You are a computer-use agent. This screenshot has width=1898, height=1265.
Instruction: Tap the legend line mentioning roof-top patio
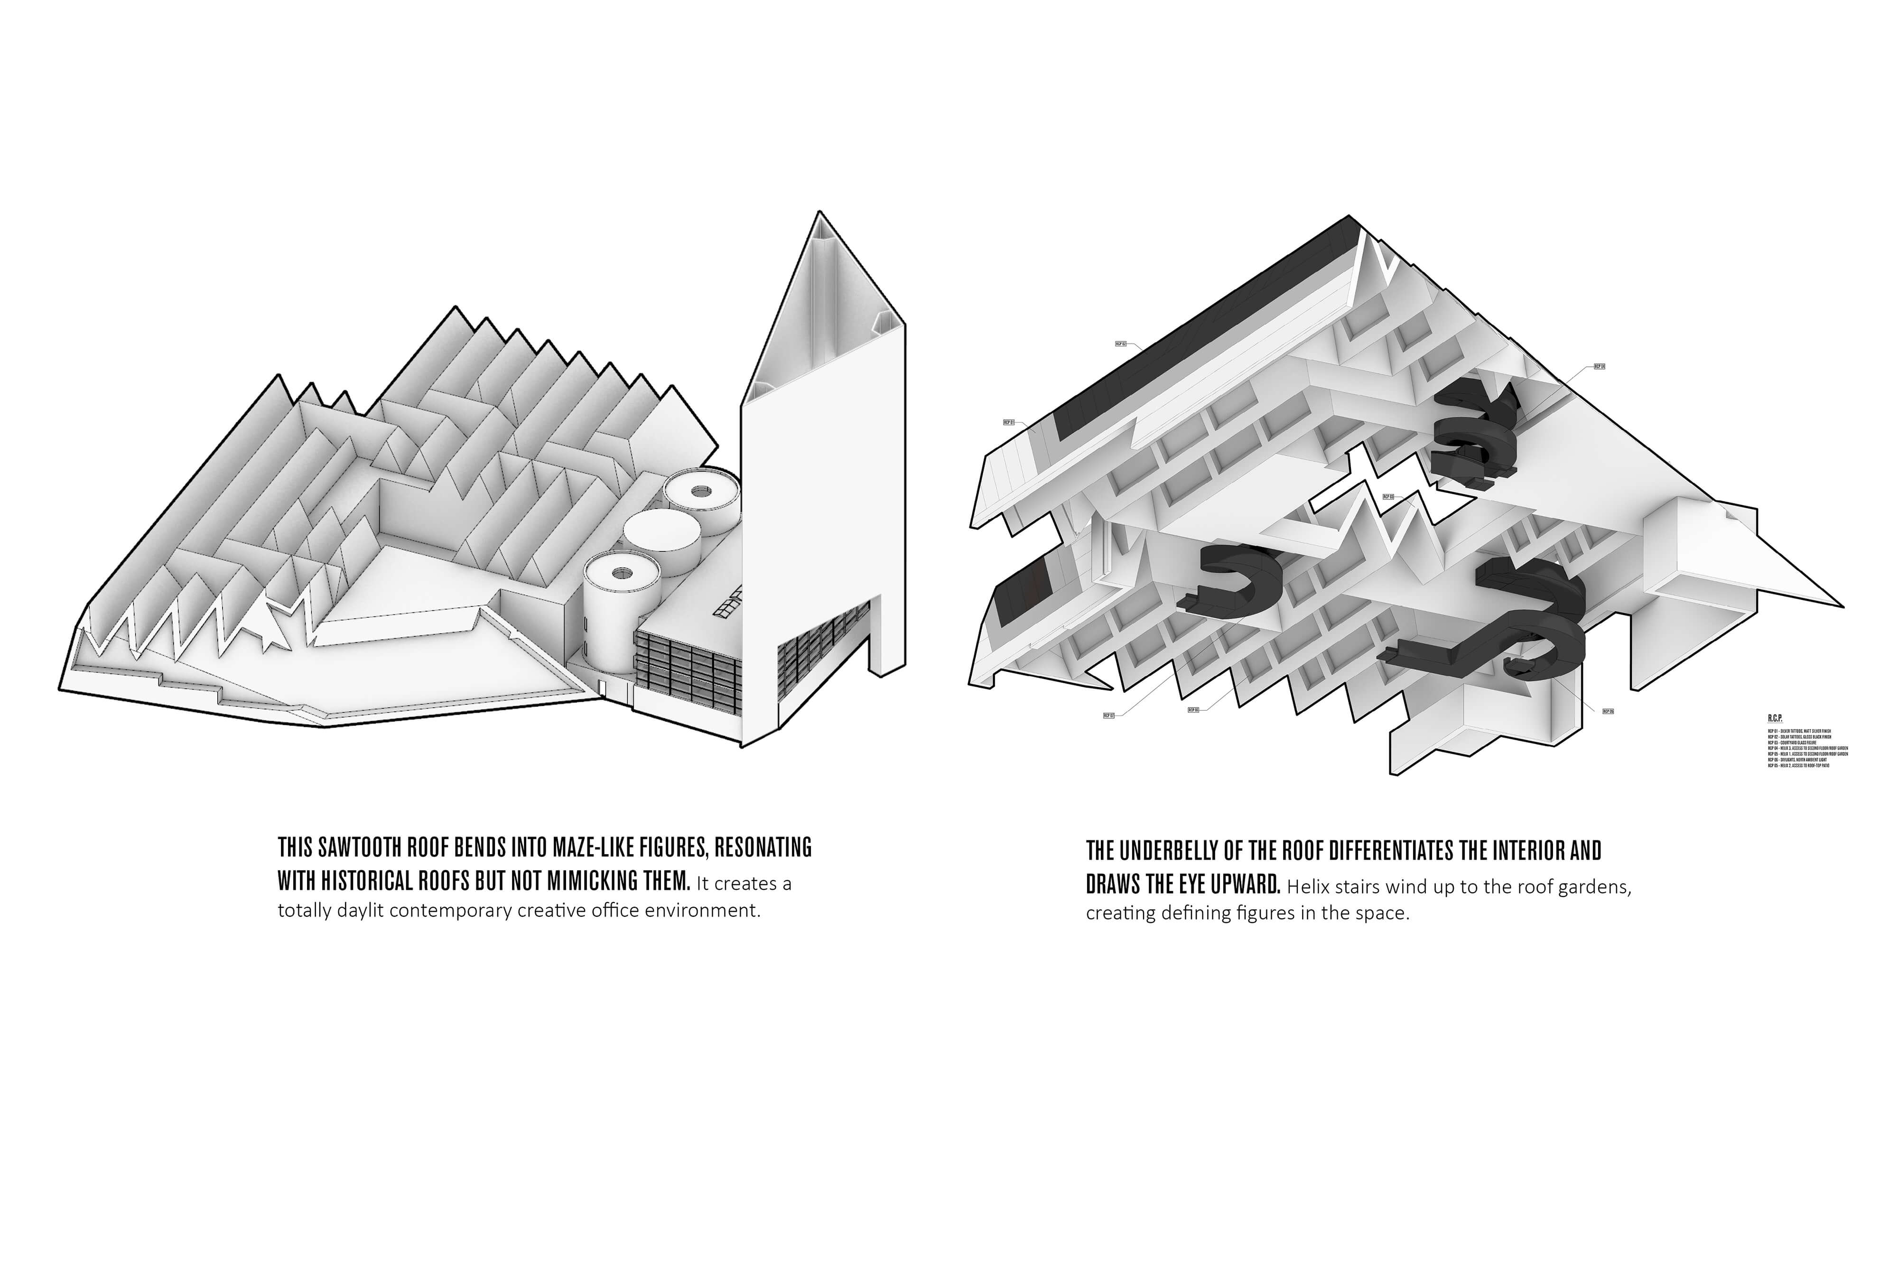1798,765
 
